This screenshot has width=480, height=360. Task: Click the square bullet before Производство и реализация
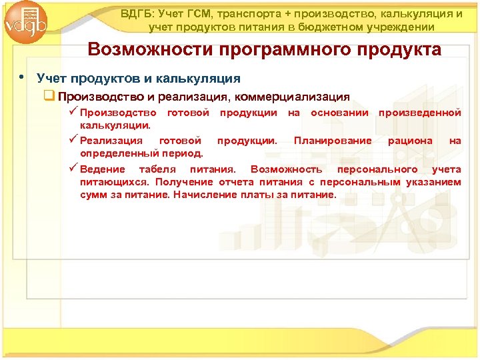48,96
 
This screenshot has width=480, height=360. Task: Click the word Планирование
333,141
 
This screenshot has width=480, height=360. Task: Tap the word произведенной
419,113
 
